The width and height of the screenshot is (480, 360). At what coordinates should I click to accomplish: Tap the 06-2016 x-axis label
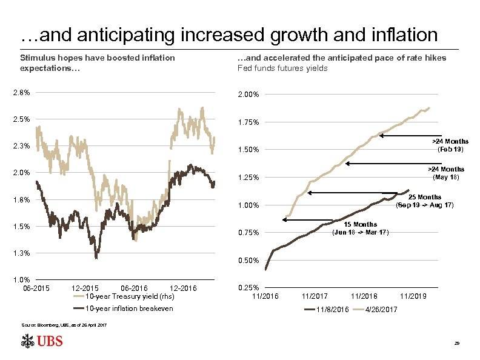[134, 288]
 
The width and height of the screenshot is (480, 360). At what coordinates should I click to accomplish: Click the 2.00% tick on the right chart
[248, 95]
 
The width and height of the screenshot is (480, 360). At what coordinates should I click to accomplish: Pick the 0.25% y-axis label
[248, 288]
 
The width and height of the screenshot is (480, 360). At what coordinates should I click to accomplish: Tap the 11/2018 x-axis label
[364, 296]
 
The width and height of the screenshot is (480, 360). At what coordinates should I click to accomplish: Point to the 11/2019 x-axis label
[413, 296]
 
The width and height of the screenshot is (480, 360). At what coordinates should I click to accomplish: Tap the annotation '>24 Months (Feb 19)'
[449, 145]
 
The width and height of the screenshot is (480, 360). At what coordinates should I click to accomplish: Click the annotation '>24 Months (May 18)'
[446, 173]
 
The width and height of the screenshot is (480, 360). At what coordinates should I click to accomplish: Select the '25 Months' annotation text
[424, 197]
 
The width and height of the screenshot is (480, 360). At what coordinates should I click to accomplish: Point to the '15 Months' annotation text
[361, 224]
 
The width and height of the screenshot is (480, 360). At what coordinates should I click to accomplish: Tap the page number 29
[457, 344]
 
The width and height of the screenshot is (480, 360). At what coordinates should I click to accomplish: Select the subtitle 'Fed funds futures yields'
[282, 68]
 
